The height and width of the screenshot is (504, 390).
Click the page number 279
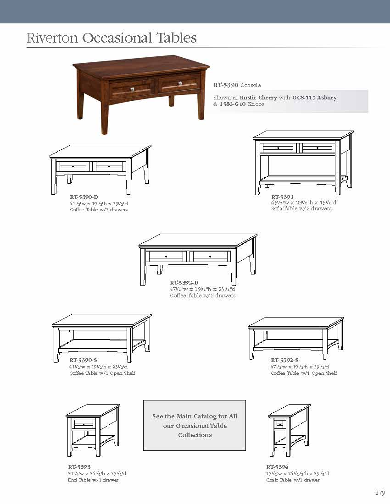pos(379,493)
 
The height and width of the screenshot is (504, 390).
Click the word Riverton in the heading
pos(52,38)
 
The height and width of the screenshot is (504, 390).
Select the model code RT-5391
pos(282,197)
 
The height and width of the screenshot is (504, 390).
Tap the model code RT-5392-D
pos(184,283)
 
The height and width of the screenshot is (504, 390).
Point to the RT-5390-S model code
pos(83,360)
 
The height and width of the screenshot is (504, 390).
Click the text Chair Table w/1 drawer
pos(293,480)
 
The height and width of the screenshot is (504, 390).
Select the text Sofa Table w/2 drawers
pos(301,208)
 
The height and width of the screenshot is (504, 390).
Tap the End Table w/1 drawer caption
pos(93,480)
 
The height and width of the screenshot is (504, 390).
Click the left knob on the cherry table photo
pos(132,89)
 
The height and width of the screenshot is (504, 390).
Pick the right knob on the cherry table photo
pos(179,83)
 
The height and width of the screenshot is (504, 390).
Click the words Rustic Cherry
pos(258,98)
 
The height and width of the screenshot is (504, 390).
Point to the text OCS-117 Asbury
pos(314,98)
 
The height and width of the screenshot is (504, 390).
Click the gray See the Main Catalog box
pos(195,425)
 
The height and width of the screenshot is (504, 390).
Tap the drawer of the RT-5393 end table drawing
pos(84,424)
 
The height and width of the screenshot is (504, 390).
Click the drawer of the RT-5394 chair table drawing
pos(279,424)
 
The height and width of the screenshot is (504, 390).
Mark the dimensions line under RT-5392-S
pos(300,367)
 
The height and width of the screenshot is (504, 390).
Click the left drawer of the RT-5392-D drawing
pos(166,256)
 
